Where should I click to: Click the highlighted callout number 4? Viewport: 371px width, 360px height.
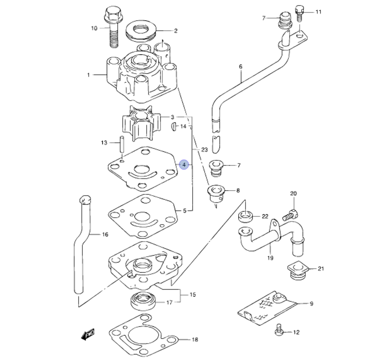(184, 165)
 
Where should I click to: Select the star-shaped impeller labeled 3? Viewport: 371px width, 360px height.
(141, 123)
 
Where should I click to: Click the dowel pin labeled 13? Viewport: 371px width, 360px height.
(122, 145)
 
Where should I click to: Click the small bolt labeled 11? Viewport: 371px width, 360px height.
(299, 13)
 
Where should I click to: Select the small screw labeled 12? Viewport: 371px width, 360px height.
(279, 330)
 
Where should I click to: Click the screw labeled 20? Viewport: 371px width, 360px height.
(290, 215)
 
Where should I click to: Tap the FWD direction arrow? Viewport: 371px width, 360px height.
(88, 334)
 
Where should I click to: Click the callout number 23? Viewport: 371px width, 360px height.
(204, 150)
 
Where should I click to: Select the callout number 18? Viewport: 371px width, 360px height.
(195, 340)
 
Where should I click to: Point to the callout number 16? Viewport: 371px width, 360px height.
(105, 234)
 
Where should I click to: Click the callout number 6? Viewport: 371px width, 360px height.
(241, 67)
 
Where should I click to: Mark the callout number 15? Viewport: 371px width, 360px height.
(193, 294)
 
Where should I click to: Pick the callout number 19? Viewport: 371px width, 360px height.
(270, 258)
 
